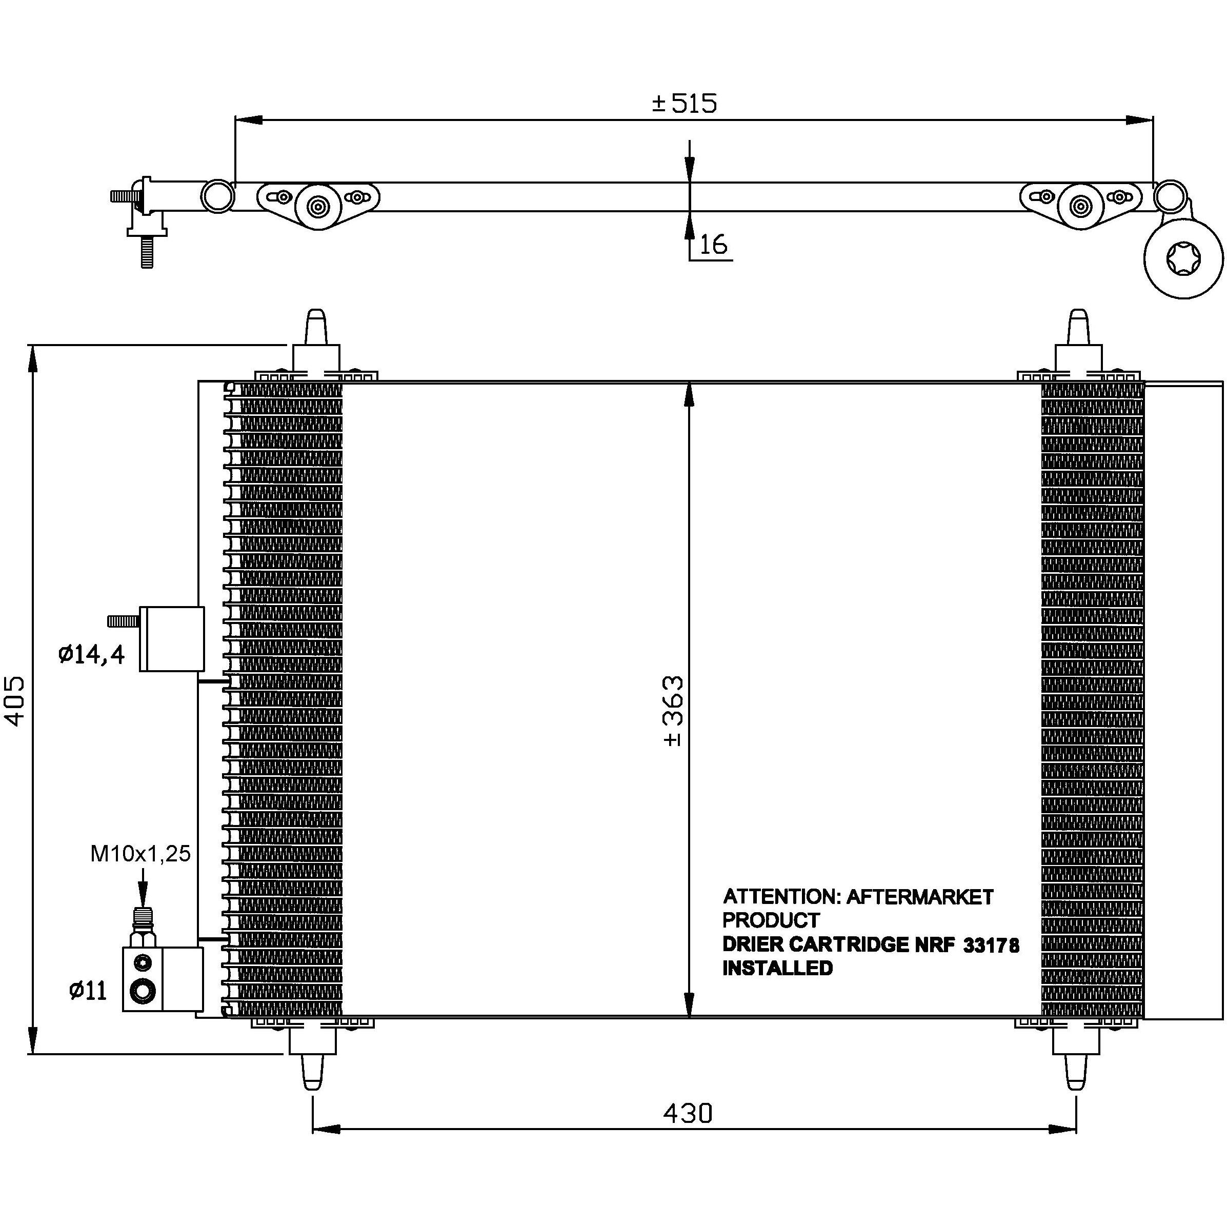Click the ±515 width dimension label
point(684,103)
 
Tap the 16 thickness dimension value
point(713,245)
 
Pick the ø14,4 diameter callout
point(91,654)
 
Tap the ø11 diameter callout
point(88,990)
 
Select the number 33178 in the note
point(991,946)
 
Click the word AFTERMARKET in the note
point(920,897)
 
